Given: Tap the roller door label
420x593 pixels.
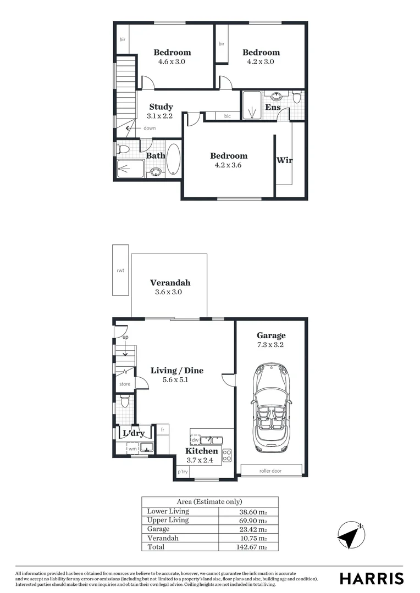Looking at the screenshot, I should (x=271, y=470).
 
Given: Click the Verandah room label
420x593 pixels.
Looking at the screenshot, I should (x=170, y=283).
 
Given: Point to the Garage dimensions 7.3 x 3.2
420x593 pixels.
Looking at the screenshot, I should (x=271, y=345).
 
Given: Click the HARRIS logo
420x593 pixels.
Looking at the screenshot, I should (x=372, y=578).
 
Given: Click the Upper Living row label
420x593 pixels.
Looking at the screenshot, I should (x=168, y=520).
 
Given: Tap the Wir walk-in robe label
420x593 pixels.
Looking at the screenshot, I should (x=284, y=160).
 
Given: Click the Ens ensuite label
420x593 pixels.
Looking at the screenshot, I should (x=273, y=107).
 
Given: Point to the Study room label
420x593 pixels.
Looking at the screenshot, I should (x=161, y=107).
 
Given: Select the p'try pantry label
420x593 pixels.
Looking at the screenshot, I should (x=183, y=472).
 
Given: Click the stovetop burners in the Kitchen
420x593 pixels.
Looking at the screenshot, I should (x=226, y=455).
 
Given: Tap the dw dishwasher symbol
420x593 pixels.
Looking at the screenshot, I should (x=195, y=440).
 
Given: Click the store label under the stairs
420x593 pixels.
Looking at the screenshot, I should (x=125, y=384).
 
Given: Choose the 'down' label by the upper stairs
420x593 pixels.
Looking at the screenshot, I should (x=150, y=128).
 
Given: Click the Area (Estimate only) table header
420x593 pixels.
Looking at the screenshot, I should (x=209, y=502).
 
